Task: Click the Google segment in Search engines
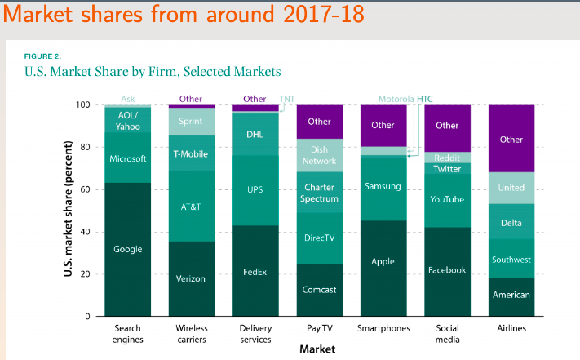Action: [127, 249]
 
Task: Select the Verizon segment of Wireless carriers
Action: [191, 278]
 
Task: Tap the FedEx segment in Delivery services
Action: [255, 271]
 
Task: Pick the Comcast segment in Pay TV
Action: [319, 289]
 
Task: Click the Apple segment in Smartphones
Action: [383, 261]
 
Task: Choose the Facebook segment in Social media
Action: [447, 269]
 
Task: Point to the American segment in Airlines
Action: [511, 295]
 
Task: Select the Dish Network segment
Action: [319, 155]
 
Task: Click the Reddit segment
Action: [447, 157]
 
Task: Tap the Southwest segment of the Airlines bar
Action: [511, 260]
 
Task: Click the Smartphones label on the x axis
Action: [383, 328]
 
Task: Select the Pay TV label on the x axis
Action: [319, 328]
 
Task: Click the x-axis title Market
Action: [317, 349]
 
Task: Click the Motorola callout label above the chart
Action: [396, 99]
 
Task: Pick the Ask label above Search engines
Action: [127, 99]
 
